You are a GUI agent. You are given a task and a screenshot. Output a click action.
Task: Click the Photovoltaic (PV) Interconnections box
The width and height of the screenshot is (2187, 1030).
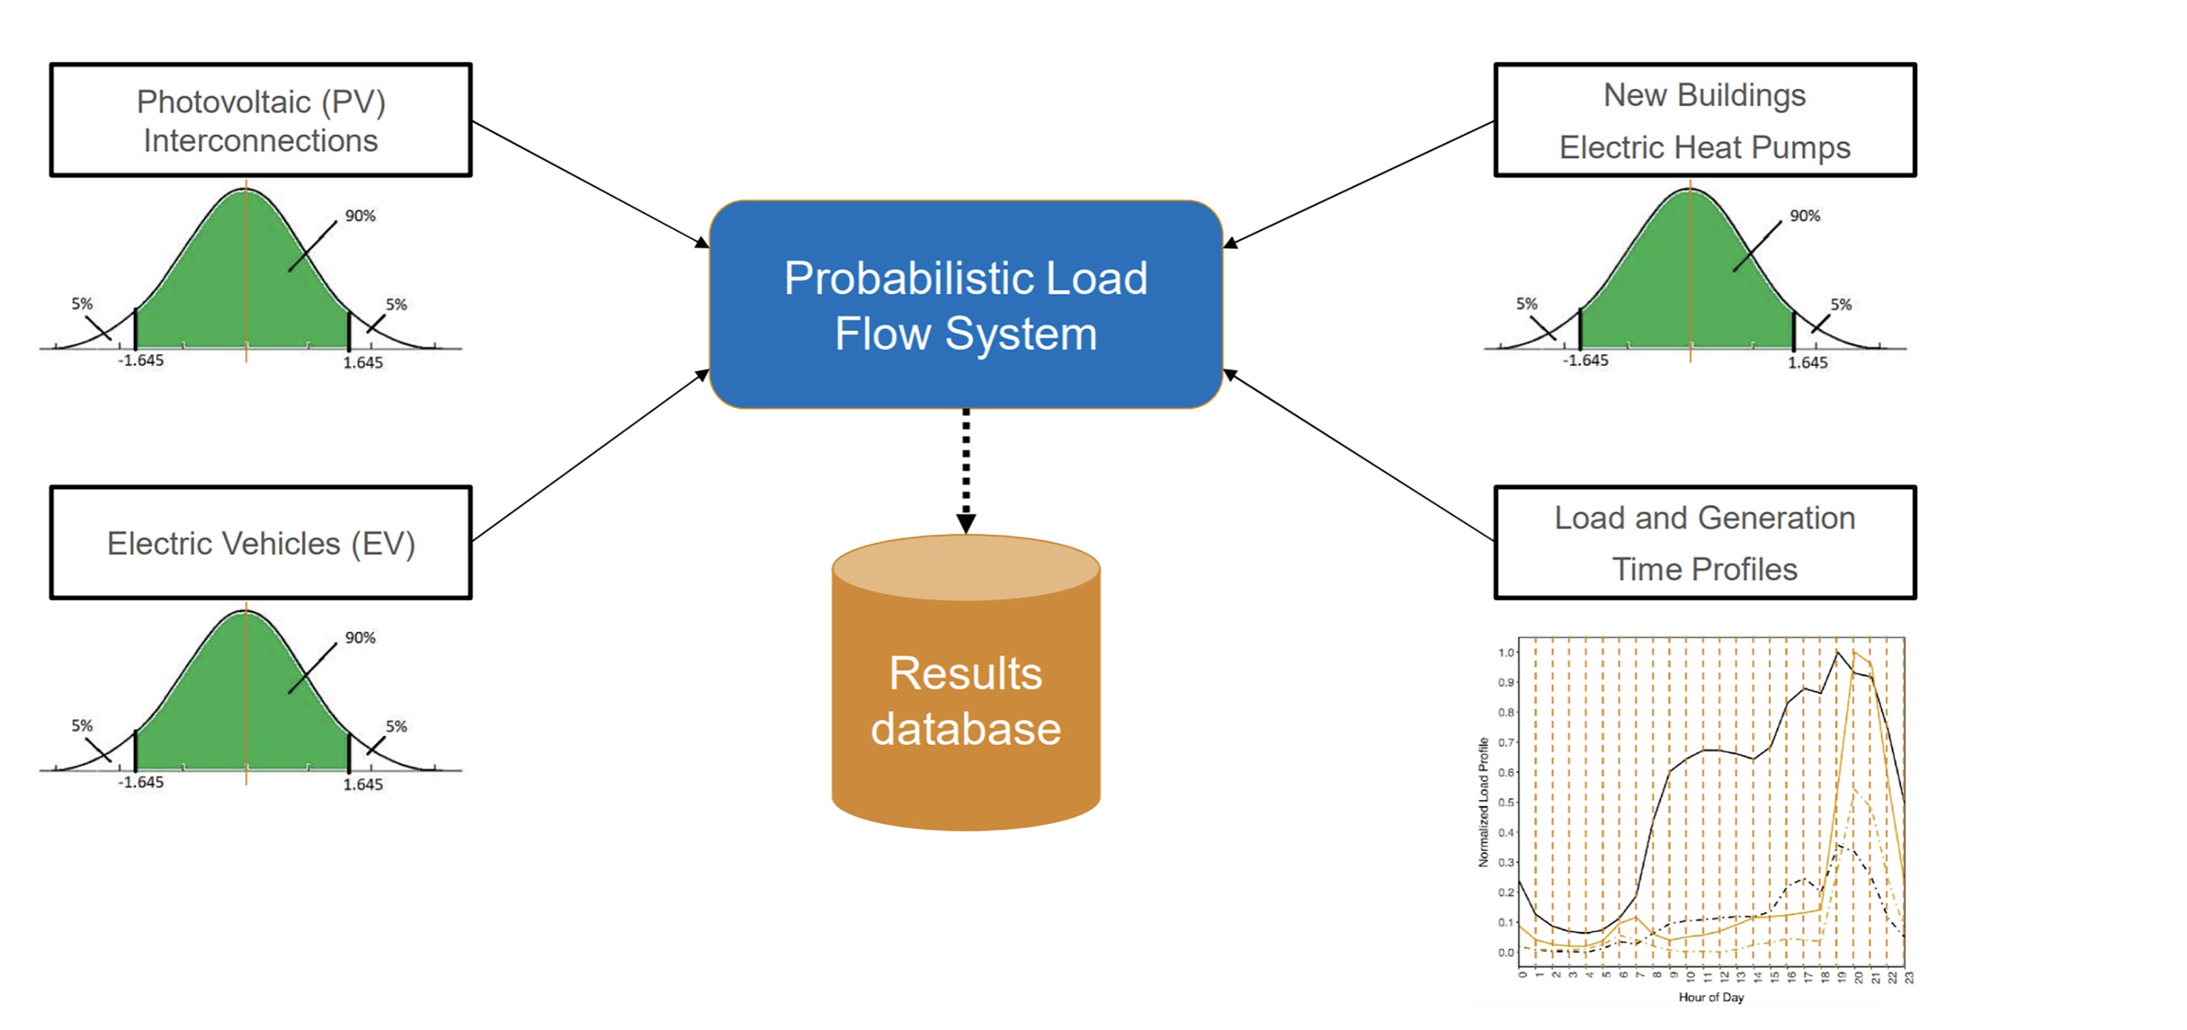(x=261, y=120)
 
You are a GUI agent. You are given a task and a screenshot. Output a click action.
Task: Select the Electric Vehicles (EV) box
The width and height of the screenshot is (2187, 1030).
(x=261, y=543)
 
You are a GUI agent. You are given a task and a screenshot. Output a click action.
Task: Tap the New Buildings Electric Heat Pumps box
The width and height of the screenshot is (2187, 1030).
(x=1705, y=120)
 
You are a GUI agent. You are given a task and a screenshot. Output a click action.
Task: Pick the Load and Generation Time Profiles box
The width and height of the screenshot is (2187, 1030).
(x=1705, y=543)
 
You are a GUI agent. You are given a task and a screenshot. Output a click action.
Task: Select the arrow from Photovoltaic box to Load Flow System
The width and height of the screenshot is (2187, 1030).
(x=590, y=183)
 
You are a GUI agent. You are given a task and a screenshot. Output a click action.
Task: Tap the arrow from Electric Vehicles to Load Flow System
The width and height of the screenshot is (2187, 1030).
(x=590, y=456)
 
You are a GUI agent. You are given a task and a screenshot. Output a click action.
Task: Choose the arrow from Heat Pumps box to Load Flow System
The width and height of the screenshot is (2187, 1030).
(x=1358, y=183)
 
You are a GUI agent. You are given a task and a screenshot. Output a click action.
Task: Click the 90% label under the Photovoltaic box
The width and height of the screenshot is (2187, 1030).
(x=360, y=215)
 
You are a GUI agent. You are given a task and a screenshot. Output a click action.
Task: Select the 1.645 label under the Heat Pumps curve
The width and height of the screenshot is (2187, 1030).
(x=1808, y=362)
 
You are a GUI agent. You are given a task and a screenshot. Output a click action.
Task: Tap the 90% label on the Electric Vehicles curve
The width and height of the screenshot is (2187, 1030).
(x=360, y=638)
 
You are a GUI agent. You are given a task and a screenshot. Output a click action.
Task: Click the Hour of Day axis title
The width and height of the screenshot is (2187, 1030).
(x=1711, y=997)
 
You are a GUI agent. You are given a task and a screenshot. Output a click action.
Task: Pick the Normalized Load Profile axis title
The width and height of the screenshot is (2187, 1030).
(x=1483, y=802)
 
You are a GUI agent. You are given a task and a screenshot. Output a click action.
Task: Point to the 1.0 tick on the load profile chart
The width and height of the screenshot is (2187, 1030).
(x=1506, y=652)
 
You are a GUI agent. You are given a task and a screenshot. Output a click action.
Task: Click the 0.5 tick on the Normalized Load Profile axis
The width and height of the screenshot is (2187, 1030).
(x=1506, y=802)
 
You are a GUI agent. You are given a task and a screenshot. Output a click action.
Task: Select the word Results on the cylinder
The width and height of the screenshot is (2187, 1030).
(x=966, y=673)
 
